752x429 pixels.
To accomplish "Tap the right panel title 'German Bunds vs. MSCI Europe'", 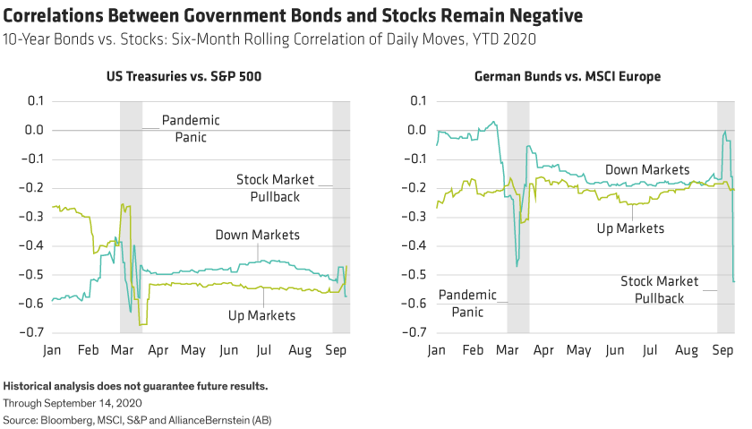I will [x=568, y=78].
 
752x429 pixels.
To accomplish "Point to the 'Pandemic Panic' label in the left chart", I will [x=191, y=128].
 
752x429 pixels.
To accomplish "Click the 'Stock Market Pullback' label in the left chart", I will [x=275, y=186].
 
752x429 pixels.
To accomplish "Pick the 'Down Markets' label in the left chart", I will [x=257, y=236].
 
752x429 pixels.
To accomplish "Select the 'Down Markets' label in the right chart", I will [x=647, y=169].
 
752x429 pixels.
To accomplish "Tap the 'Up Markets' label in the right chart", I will [x=630, y=228].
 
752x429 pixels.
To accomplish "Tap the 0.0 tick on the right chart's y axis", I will [x=414, y=131].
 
